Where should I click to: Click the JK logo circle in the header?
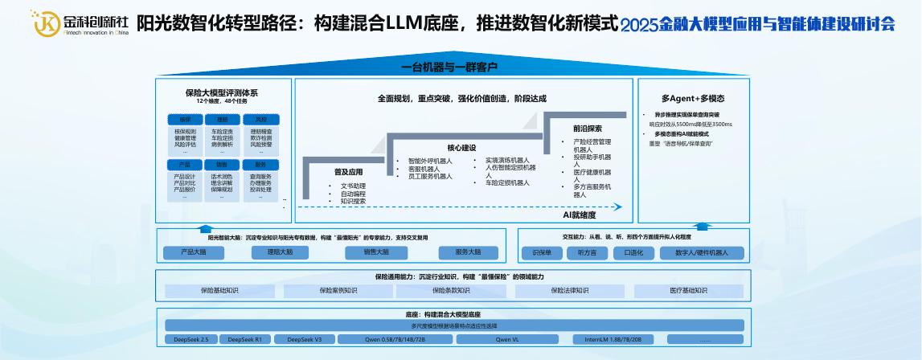click(47, 23)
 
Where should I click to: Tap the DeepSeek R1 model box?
click(244, 340)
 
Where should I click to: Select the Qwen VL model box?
click(506, 340)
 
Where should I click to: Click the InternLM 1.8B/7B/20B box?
click(613, 340)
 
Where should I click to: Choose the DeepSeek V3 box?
click(305, 340)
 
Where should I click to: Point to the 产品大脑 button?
click(193, 252)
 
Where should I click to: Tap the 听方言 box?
click(587, 252)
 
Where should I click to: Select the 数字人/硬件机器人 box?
click(701, 252)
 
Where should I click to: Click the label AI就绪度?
click(579, 215)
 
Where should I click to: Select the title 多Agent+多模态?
click(693, 99)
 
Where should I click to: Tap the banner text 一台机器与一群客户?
click(450, 67)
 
